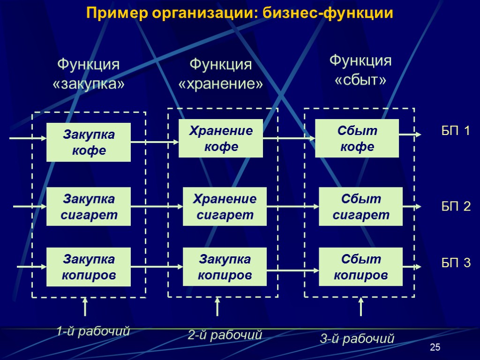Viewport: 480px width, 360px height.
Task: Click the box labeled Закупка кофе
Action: click(x=89, y=142)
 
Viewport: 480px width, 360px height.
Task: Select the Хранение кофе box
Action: click(x=220, y=139)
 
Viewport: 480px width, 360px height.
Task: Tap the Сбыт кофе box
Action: click(x=357, y=138)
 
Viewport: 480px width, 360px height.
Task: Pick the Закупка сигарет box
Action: click(x=89, y=207)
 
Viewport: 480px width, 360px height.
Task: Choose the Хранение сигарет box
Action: click(x=225, y=207)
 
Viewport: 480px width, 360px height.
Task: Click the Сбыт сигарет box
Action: click(x=360, y=207)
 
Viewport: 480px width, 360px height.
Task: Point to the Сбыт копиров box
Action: click(x=360, y=267)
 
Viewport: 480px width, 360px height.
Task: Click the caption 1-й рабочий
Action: click(x=93, y=332)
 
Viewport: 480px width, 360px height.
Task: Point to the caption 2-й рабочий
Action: click(x=225, y=335)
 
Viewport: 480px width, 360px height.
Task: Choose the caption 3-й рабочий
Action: click(x=357, y=338)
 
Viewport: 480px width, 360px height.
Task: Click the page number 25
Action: click(x=435, y=347)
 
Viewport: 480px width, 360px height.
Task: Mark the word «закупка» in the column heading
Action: click(x=89, y=85)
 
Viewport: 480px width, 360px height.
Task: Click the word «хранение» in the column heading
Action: click(x=220, y=84)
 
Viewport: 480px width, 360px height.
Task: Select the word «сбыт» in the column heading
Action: click(x=360, y=80)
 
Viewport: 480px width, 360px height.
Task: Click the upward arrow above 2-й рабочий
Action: click(x=217, y=307)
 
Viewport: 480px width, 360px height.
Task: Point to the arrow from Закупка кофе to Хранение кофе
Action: click(x=155, y=141)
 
